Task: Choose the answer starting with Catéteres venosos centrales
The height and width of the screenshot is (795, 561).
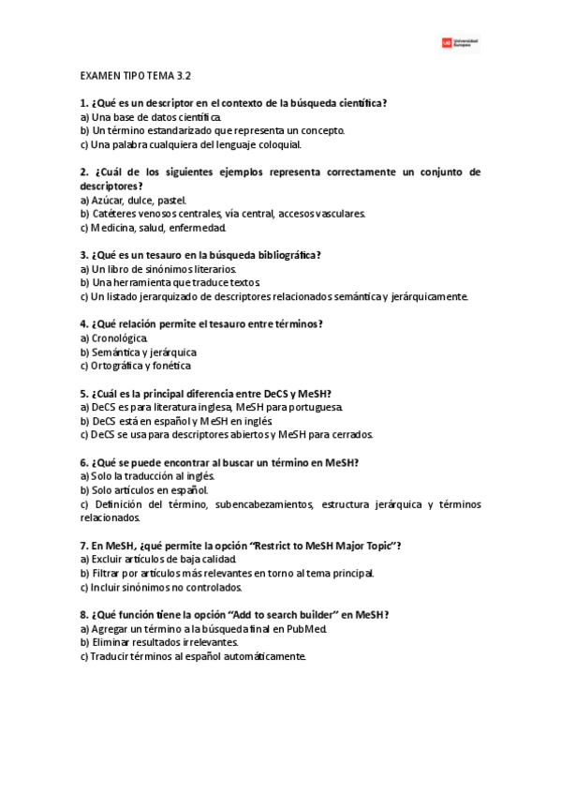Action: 223,213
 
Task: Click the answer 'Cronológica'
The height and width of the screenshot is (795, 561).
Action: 112,337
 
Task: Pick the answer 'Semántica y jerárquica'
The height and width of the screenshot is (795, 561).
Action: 138,352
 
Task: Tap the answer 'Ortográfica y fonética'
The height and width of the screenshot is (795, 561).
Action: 136,366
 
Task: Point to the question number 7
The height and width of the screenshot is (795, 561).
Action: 83,545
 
